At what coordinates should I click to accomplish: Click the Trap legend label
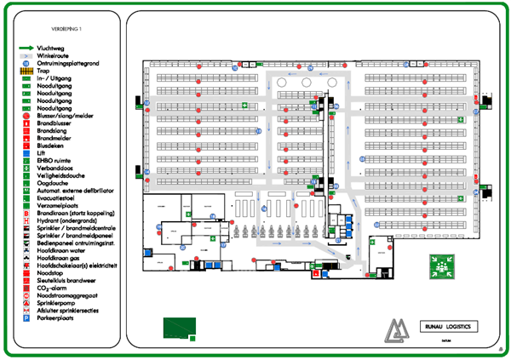pyautogui.click(x=44, y=71)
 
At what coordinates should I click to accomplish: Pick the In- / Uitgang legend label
pyautogui.click(x=55, y=78)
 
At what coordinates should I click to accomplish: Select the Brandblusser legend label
pyautogui.click(x=55, y=123)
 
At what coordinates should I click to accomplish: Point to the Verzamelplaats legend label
pyautogui.click(x=58, y=203)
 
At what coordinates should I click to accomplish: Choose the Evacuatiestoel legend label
pyautogui.click(x=58, y=197)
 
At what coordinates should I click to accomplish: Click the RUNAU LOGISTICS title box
pyautogui.click(x=447, y=326)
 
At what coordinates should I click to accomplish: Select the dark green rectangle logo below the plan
pyautogui.click(x=179, y=327)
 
